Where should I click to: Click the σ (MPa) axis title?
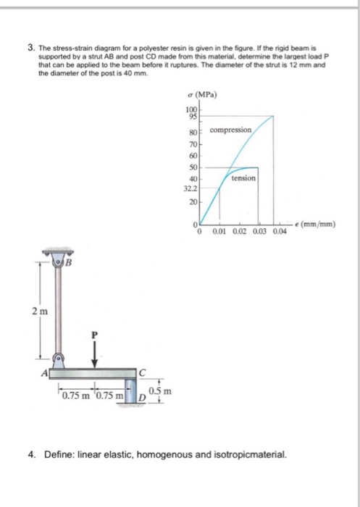coord(201,96)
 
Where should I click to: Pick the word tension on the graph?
coord(243,177)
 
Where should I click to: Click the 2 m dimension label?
coord(39,311)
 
